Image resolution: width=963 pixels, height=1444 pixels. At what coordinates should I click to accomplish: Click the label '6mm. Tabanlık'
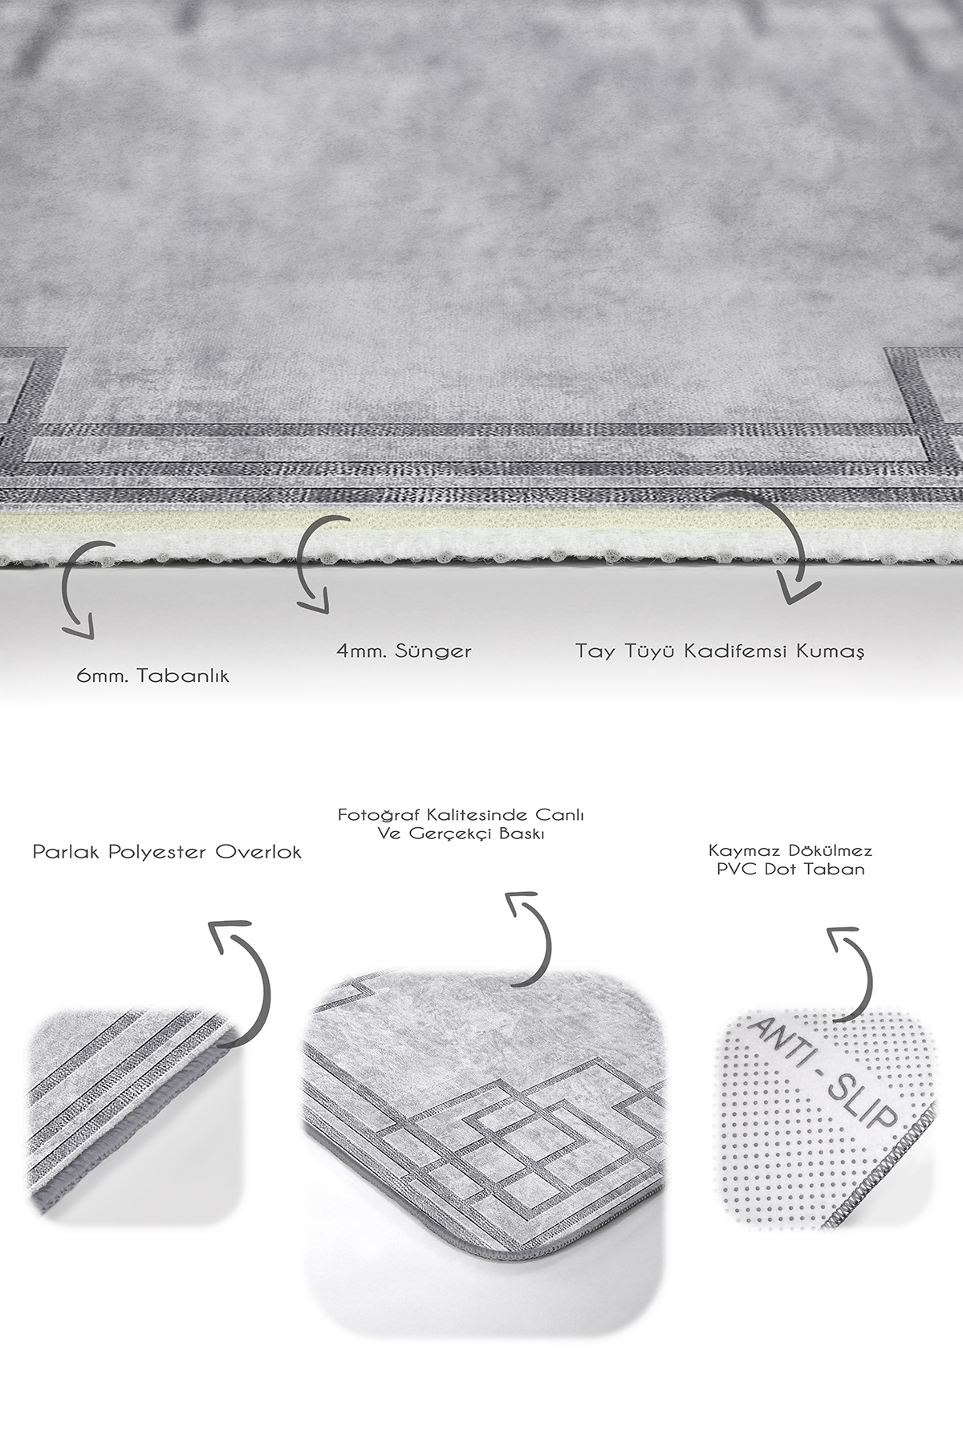click(152, 675)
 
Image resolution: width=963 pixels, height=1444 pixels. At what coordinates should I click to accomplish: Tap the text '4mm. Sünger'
click(404, 650)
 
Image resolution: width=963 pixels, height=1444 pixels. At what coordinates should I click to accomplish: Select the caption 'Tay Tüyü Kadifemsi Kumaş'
click(720, 650)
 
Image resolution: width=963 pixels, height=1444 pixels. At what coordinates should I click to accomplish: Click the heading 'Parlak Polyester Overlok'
click(167, 852)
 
